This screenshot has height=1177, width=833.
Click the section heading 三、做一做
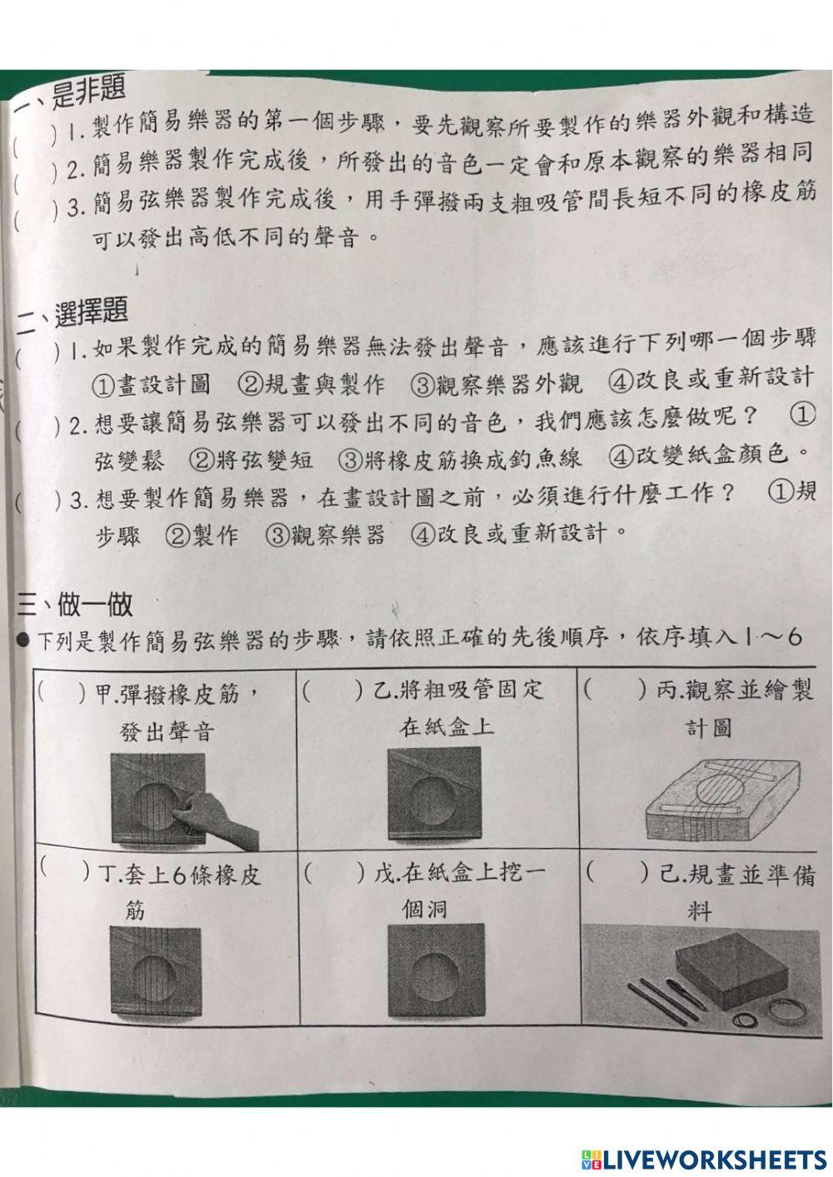point(75,603)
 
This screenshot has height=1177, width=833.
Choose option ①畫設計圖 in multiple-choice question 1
point(150,384)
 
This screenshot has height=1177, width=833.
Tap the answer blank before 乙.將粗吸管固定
point(332,691)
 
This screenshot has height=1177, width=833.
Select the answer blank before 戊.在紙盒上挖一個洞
point(334,873)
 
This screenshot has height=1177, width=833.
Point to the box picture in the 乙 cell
point(434,793)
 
